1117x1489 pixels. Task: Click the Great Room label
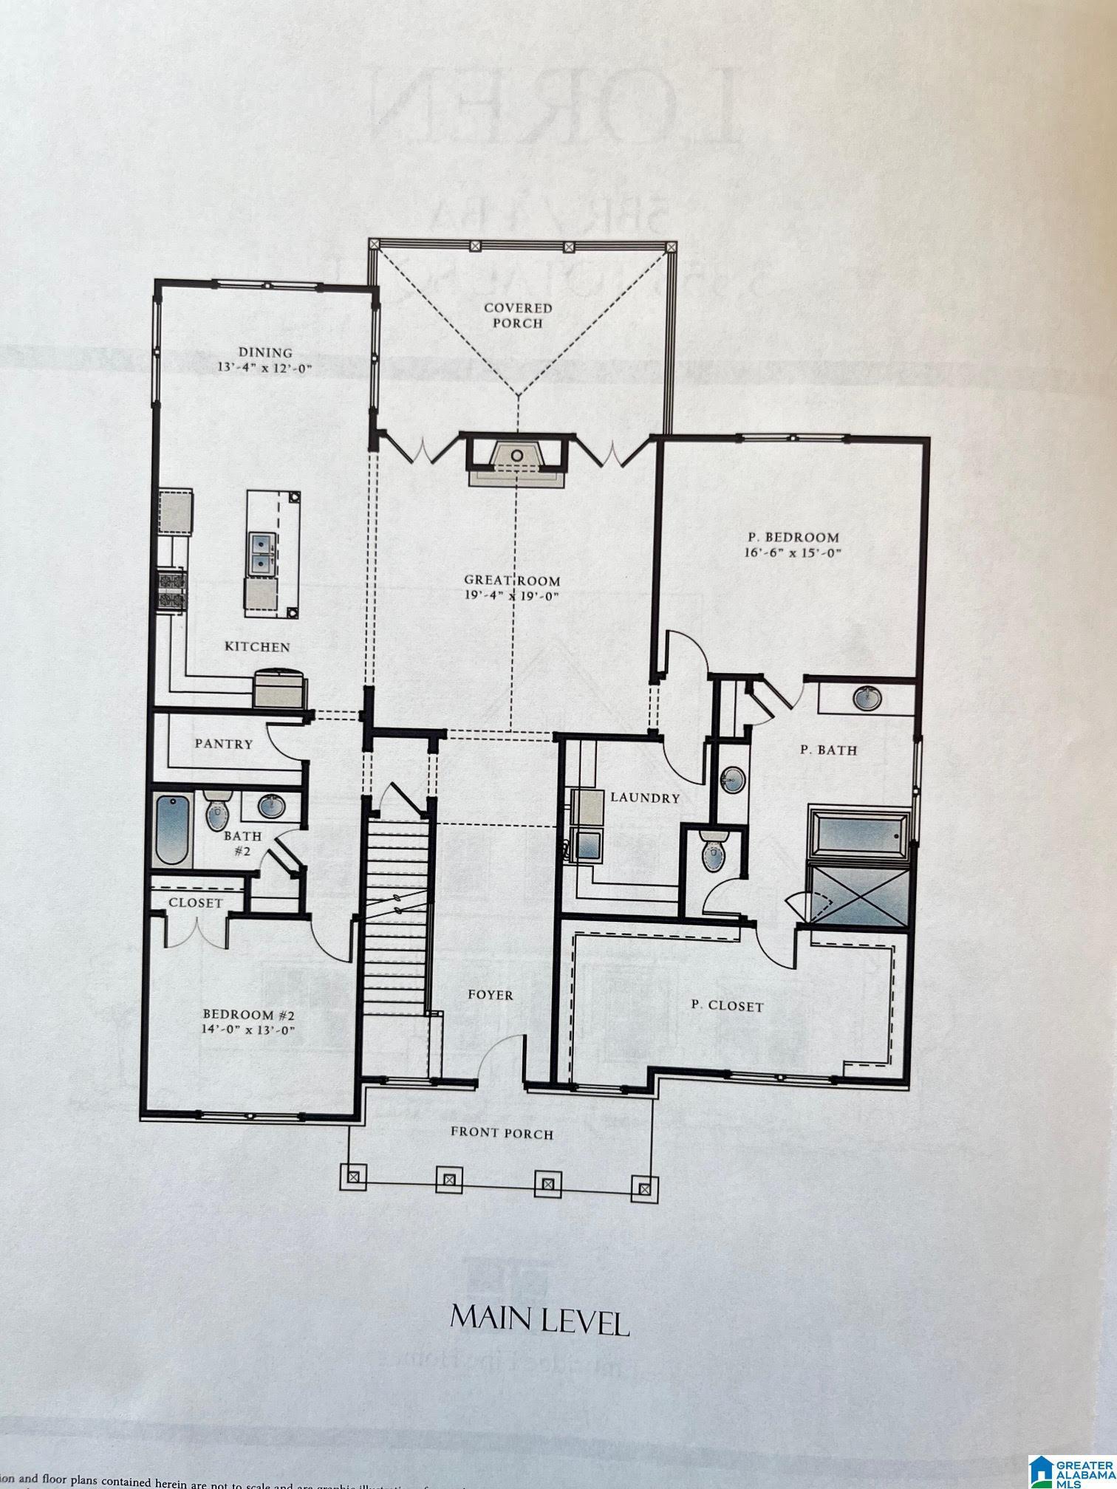(512, 581)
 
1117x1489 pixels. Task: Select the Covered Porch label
(518, 315)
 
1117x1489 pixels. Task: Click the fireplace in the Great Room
(516, 461)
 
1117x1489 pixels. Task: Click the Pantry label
(224, 744)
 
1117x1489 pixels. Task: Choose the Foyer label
(491, 995)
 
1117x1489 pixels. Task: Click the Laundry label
(644, 798)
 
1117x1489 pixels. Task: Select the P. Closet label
(727, 1006)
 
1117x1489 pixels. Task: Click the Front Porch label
(502, 1134)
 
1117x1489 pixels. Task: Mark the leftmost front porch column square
(352, 1174)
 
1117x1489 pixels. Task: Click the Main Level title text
(539, 1321)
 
